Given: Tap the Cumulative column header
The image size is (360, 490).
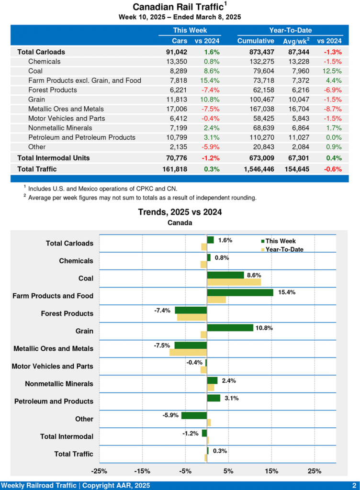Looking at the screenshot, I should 256,41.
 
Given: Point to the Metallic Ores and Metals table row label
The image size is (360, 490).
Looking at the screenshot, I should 66,109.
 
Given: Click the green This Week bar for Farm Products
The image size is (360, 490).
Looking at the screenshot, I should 240,292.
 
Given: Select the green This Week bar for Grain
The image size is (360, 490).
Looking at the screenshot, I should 230,328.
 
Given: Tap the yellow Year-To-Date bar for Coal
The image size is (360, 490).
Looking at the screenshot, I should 234,282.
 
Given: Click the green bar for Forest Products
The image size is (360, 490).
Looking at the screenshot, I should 191,310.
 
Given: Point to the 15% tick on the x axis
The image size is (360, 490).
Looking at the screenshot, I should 271,471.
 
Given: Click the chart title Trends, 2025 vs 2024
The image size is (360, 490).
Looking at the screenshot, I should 180,212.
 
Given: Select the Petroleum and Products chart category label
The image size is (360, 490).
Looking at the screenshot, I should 54,401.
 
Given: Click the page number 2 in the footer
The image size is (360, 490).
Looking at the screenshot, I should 353,485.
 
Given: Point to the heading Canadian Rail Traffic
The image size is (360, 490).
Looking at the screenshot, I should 178,7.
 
